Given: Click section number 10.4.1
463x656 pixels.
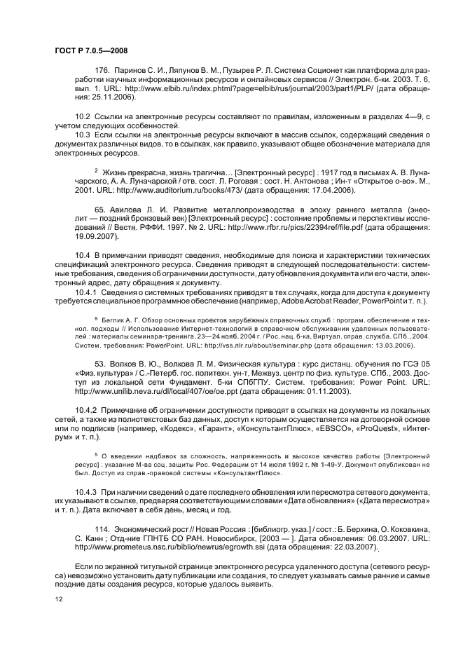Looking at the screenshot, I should pyautogui.click(x=86, y=291).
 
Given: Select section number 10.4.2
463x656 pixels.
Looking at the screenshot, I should pyautogui.click(x=86, y=409).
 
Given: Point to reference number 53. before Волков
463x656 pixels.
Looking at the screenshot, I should pyautogui.click(x=100, y=364).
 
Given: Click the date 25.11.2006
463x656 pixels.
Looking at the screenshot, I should pyautogui.click(x=90, y=100).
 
